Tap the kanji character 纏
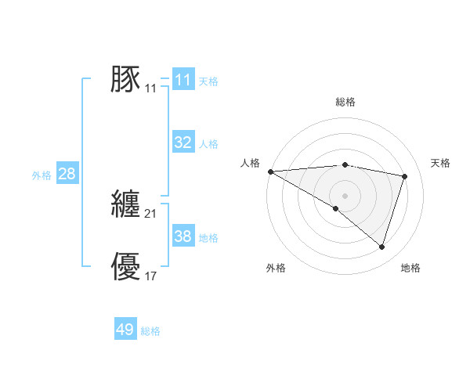click(x=125, y=204)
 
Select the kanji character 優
click(x=125, y=266)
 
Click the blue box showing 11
click(x=183, y=80)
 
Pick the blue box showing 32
click(x=183, y=143)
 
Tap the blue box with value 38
click(x=183, y=236)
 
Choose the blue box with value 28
click(x=67, y=174)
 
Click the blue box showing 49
click(x=125, y=330)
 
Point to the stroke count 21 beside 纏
click(x=151, y=214)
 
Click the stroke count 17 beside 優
click(x=151, y=276)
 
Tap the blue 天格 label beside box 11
click(x=208, y=81)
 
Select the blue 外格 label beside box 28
click(x=42, y=175)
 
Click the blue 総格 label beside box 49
click(x=150, y=331)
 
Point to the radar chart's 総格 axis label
click(x=345, y=102)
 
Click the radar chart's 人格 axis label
click(x=250, y=163)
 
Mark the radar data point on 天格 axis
click(x=405, y=176)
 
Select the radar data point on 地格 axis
click(x=381, y=247)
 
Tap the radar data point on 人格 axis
click(x=270, y=171)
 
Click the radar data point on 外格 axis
click(x=336, y=208)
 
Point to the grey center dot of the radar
click(x=345, y=195)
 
